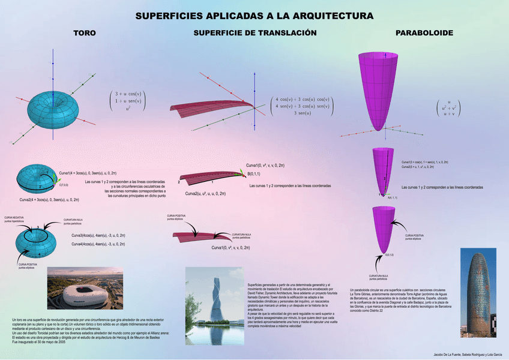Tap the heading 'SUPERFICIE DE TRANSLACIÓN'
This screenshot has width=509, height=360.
(x=254, y=33)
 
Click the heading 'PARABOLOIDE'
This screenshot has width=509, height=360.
(x=424, y=33)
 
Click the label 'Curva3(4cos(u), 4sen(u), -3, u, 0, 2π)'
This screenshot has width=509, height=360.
(x=98, y=235)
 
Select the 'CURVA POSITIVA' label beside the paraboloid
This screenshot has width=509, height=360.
(x=414, y=236)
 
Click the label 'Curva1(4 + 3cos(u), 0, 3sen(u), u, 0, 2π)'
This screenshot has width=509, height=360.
(x=91, y=173)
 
